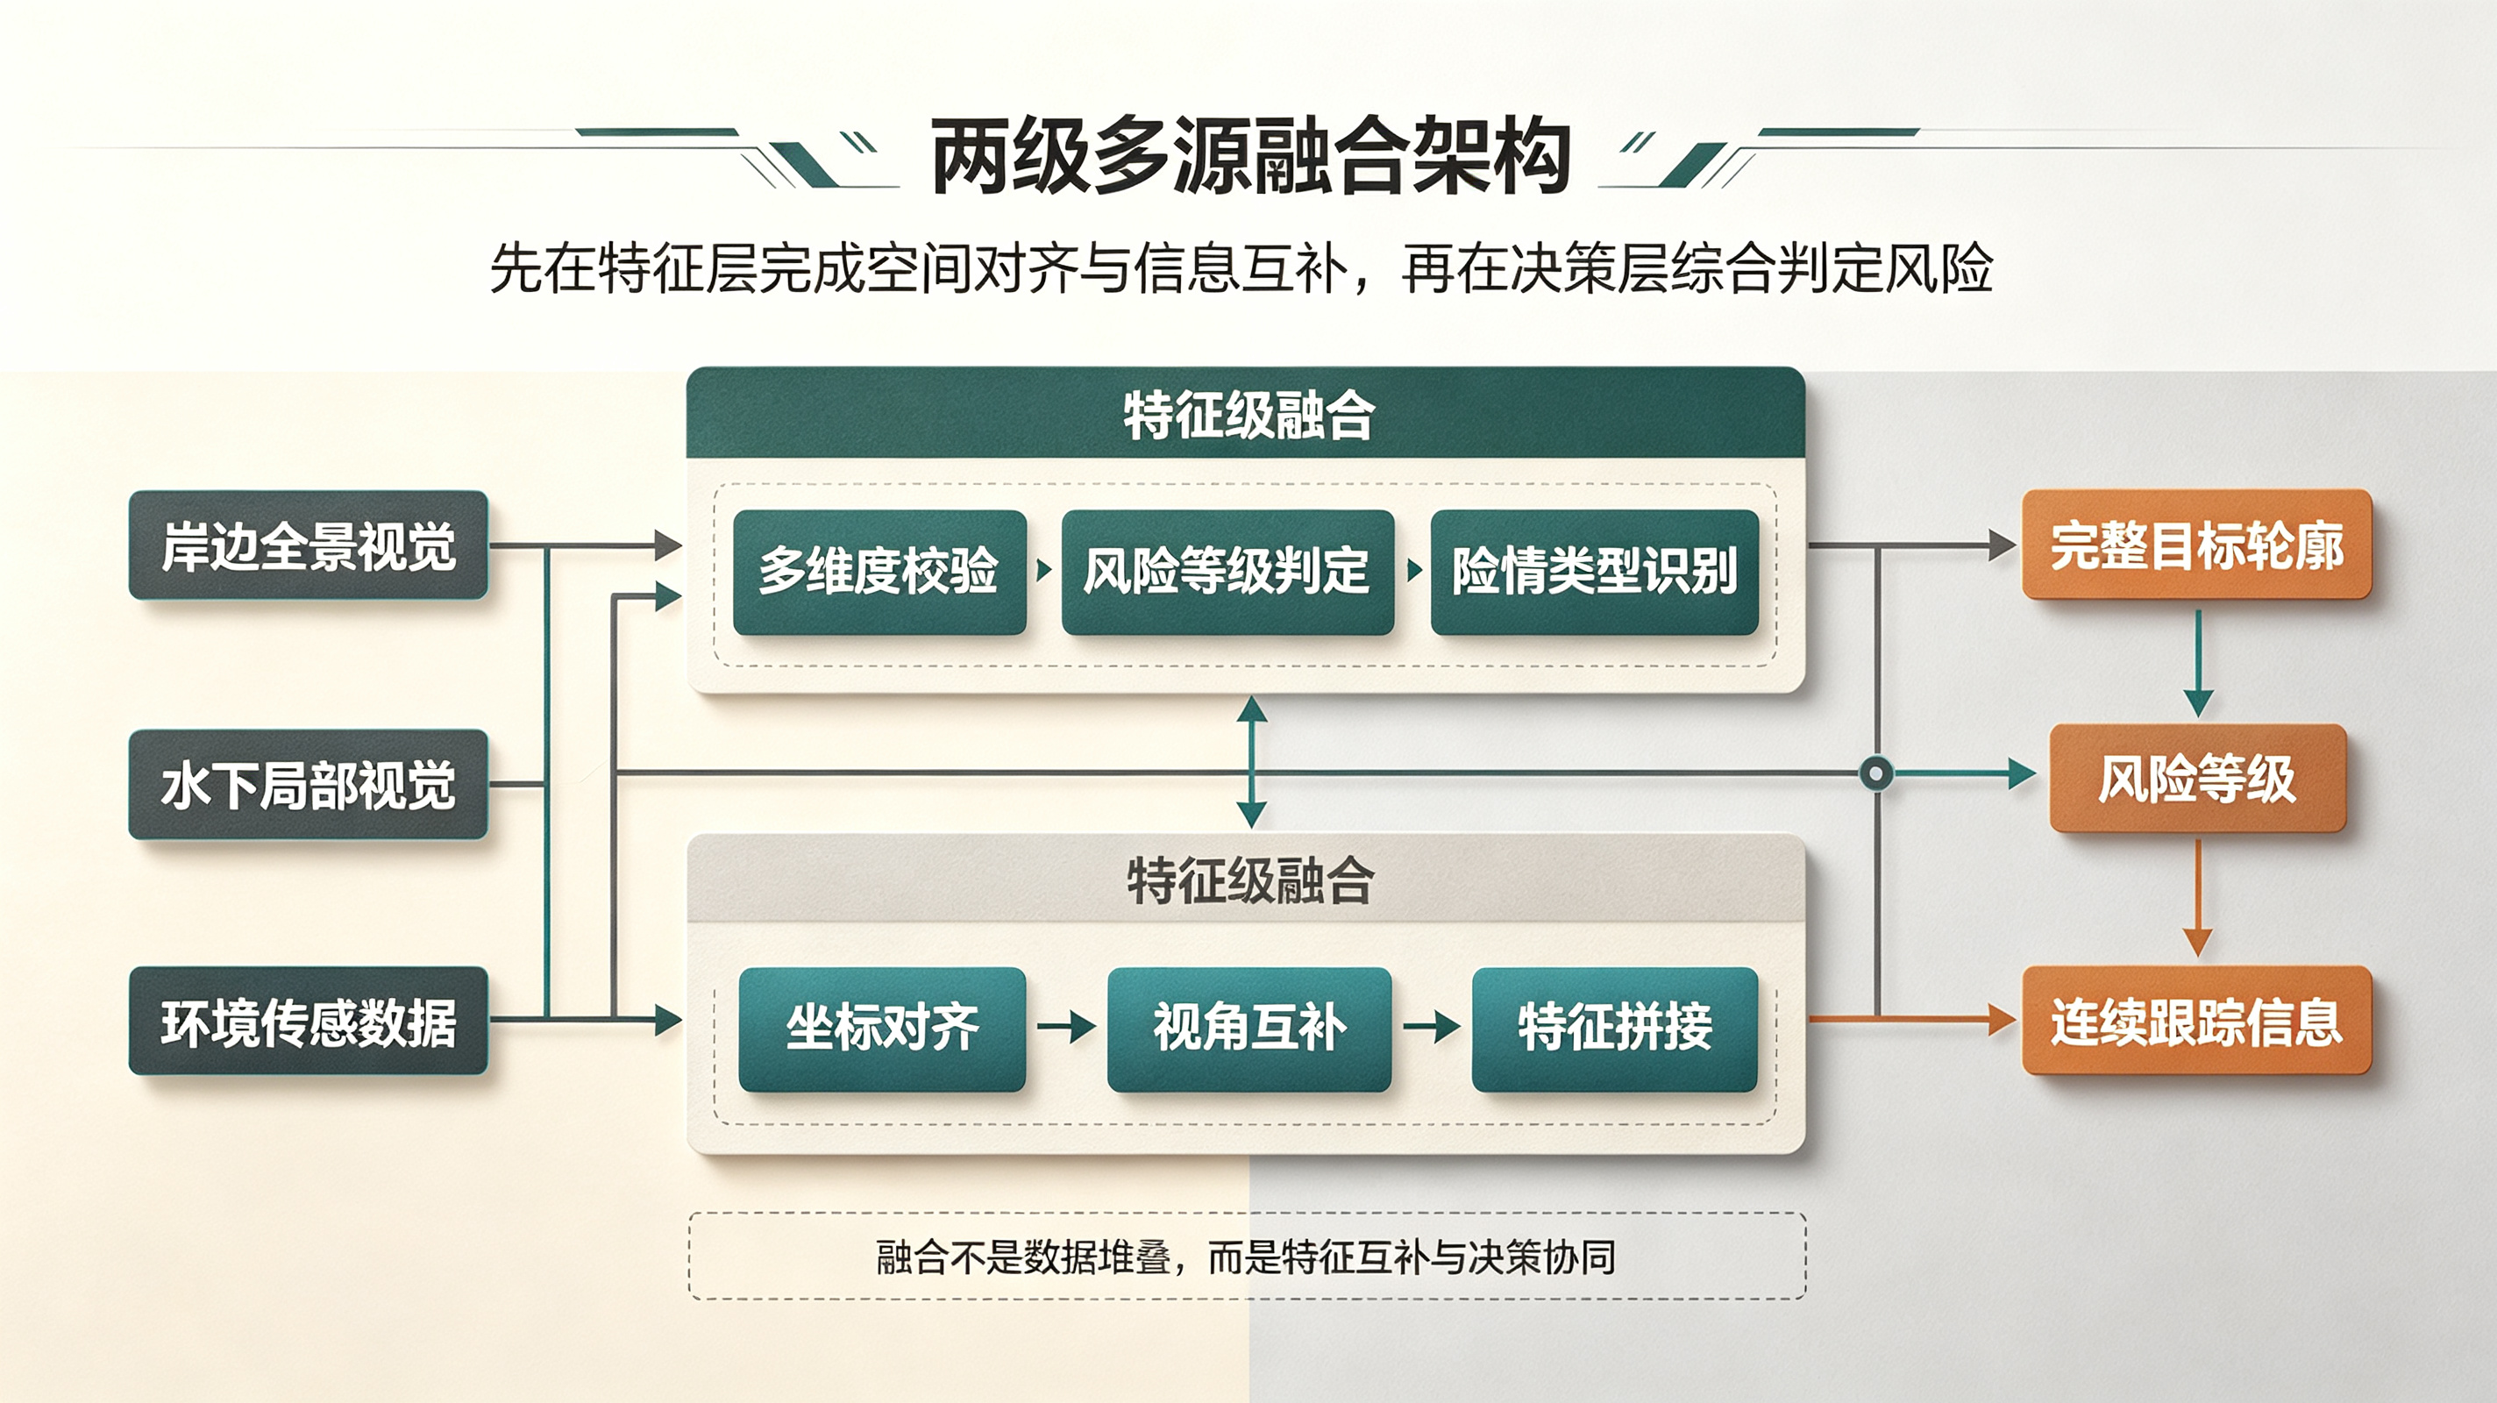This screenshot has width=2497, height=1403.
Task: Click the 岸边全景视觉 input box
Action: tap(309, 545)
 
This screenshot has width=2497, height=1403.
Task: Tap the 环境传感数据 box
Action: tap(309, 1021)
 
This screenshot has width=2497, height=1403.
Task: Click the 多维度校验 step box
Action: tap(879, 572)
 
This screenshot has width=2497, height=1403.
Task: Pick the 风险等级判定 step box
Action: tap(1227, 572)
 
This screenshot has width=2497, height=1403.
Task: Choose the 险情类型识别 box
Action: tap(1595, 572)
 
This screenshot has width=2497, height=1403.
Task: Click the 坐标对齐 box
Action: tap(882, 1029)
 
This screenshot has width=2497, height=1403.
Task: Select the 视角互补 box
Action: tap(1249, 1029)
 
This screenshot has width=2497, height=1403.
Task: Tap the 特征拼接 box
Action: tap(1615, 1029)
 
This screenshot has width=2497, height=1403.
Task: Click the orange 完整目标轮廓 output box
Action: tap(2196, 545)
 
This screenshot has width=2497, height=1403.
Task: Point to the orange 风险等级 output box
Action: tap(2196, 779)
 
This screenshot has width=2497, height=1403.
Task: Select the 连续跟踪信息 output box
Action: tap(2196, 1021)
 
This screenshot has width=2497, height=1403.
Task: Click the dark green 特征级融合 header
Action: tap(1246, 413)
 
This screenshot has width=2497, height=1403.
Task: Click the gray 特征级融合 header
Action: tap(1246, 879)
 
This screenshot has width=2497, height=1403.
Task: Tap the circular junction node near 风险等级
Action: tap(1876, 773)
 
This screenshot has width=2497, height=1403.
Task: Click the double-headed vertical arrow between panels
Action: tap(1251, 762)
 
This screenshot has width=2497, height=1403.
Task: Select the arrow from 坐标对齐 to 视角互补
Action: tap(1066, 1026)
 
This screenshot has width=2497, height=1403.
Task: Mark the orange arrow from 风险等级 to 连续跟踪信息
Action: tap(2197, 897)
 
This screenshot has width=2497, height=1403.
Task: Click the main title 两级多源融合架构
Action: tap(1249, 157)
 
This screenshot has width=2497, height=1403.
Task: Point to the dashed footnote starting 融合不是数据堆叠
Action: tap(1247, 1257)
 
